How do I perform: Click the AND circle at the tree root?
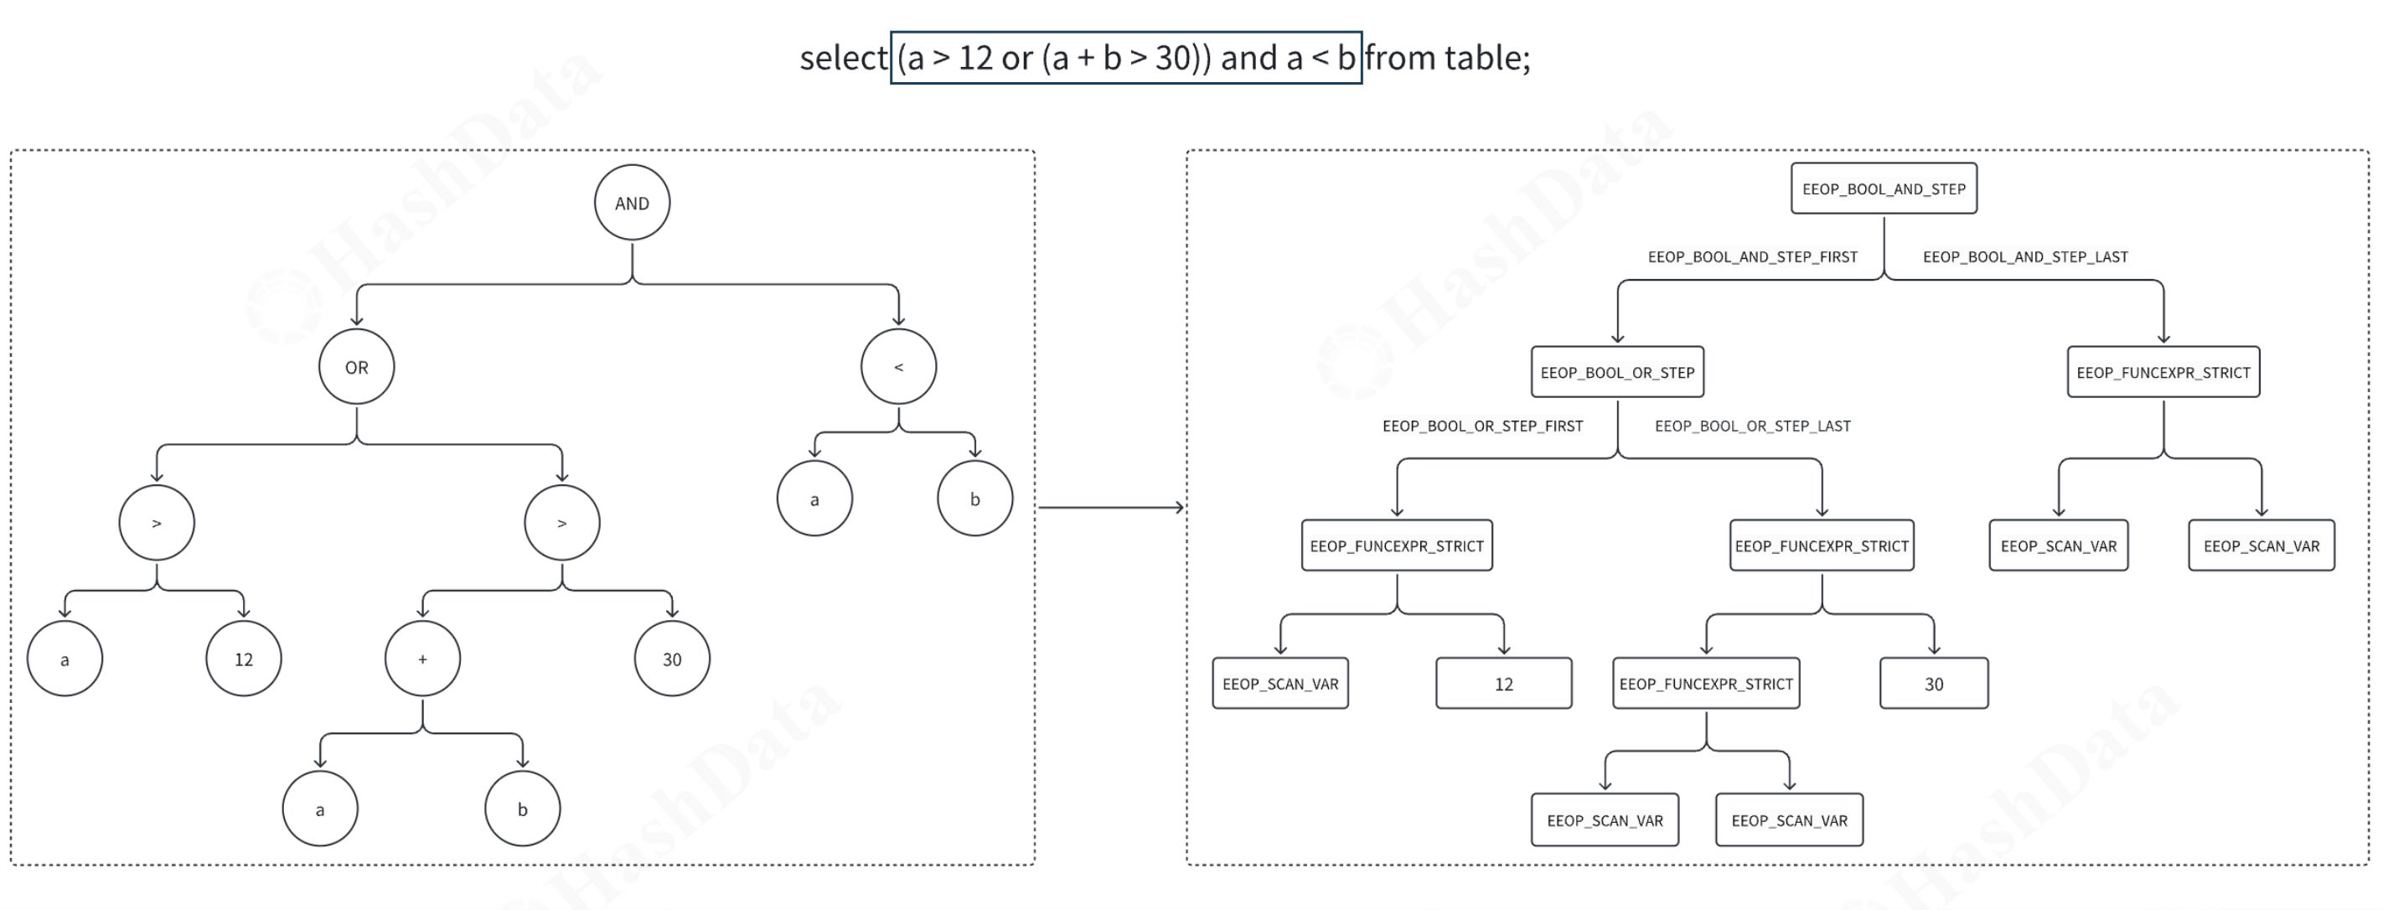click(x=632, y=203)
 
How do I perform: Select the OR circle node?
click(x=356, y=367)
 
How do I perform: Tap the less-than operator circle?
click(x=898, y=367)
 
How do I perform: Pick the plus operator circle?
click(x=423, y=659)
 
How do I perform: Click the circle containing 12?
click(x=243, y=659)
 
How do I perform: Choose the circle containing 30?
click(x=672, y=659)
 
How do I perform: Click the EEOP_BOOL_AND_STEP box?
click(x=1884, y=189)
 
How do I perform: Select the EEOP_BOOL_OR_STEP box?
click(x=1617, y=372)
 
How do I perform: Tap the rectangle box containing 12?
click(x=1503, y=684)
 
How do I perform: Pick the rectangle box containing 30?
click(x=1933, y=684)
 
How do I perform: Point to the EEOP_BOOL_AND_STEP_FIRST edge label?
click(x=1752, y=257)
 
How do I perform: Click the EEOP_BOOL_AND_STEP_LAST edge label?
click(x=2025, y=257)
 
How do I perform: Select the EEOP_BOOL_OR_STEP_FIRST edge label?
click(x=1482, y=427)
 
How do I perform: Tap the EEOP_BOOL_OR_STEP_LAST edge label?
click(x=1752, y=427)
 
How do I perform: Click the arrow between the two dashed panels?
click(x=1110, y=507)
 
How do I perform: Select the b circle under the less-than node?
click(x=974, y=499)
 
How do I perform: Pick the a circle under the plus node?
click(x=320, y=809)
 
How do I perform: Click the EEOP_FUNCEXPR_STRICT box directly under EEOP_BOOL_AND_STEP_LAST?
click(x=2163, y=372)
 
